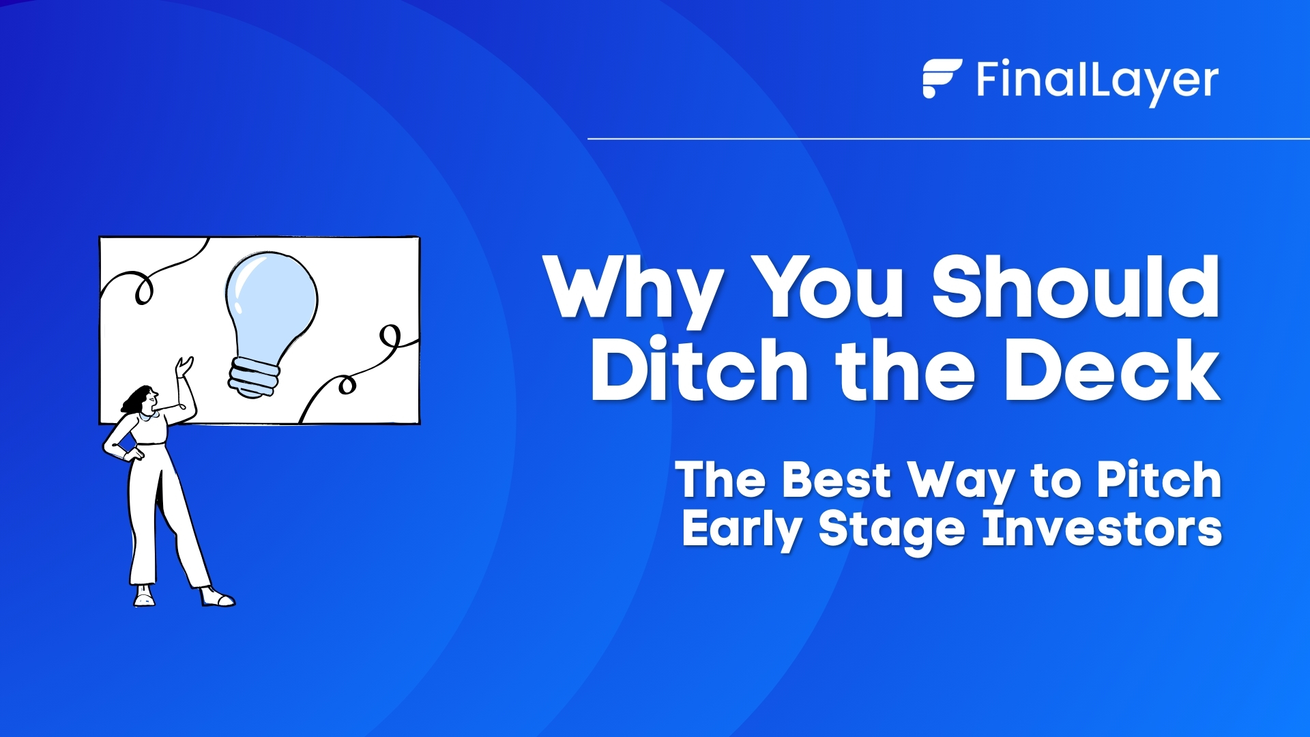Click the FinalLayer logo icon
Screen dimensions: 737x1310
click(941, 78)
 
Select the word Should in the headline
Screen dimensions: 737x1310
click(1076, 288)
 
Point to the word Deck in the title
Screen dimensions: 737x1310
click(1111, 371)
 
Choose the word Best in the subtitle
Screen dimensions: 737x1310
click(836, 480)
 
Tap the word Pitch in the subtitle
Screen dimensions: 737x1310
click(1159, 480)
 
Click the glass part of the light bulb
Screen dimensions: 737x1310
click(271, 300)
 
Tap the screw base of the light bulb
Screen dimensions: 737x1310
click(253, 377)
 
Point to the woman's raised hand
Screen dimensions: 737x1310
click(184, 366)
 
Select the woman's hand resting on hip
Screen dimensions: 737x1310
click(133, 453)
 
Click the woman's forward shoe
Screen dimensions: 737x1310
click(218, 598)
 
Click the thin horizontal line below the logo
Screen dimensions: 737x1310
click(948, 139)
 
